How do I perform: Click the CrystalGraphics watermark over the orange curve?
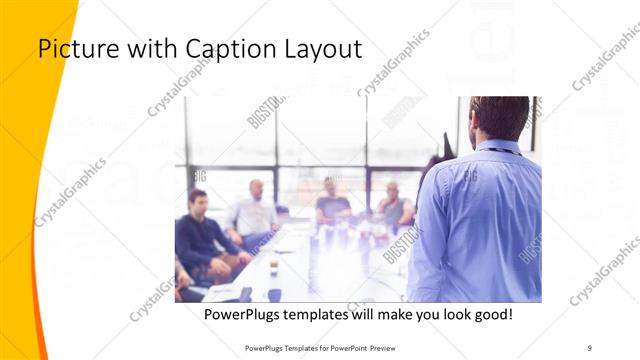[70, 190]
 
